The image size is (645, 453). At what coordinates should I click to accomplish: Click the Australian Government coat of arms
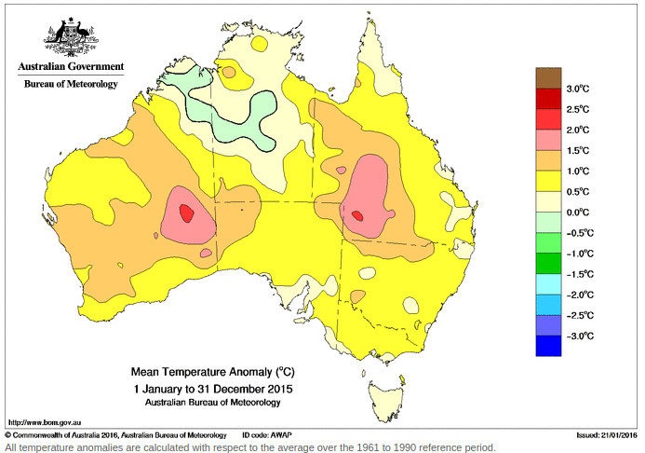coord(69,36)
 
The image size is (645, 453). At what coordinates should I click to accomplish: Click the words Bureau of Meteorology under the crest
coord(71,85)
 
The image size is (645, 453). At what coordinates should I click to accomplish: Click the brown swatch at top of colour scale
coord(548,77)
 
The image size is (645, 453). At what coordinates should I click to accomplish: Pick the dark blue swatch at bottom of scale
coord(548,346)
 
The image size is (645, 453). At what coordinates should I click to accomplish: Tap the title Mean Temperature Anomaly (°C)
coord(212,371)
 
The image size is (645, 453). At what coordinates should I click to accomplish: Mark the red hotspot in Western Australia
coord(187,213)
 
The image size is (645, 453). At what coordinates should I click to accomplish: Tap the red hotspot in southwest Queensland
coord(357,215)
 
